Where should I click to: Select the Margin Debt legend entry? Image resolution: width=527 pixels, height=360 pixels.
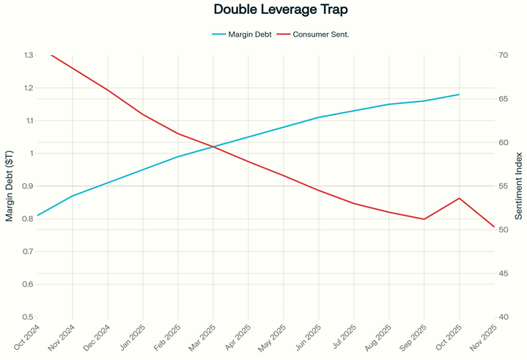point(241,34)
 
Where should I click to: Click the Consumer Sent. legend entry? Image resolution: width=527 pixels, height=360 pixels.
point(315,34)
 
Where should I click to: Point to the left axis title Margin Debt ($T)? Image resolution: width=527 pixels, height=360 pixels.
point(9,185)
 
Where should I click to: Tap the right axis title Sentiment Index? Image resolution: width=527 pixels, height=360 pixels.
point(518,185)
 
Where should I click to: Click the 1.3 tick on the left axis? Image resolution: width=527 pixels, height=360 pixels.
point(28,55)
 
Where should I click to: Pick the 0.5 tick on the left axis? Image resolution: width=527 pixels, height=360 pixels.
point(28,317)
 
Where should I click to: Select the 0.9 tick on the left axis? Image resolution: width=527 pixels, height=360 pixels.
point(28,186)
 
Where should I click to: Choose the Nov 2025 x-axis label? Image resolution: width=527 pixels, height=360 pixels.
point(487,339)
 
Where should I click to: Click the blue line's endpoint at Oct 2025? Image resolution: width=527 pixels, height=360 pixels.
point(459,95)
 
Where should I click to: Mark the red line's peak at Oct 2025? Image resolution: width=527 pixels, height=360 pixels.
point(459,198)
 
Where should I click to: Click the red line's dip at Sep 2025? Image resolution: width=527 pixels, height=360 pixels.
point(424,219)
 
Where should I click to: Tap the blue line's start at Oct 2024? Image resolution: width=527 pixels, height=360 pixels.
point(37,216)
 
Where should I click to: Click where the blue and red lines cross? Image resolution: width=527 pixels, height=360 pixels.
point(213,147)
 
